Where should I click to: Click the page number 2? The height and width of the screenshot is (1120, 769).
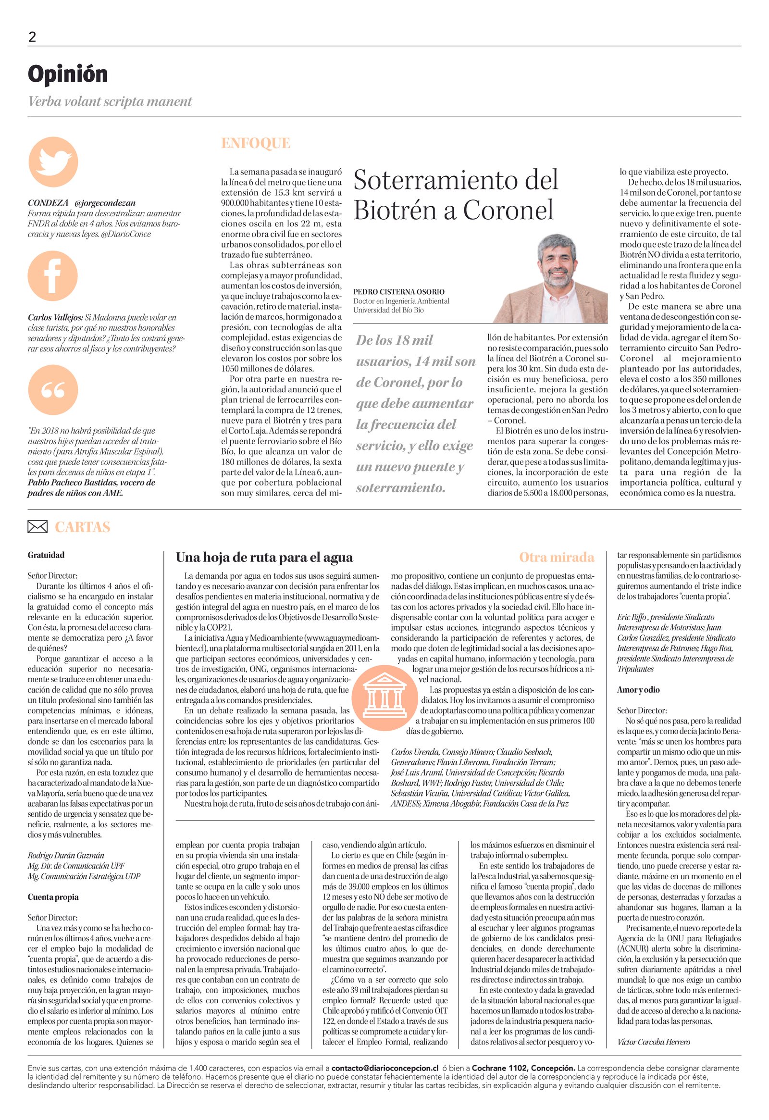[32, 37]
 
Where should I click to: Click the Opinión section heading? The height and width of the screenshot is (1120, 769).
[67, 75]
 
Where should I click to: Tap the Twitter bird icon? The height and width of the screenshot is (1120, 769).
[53, 162]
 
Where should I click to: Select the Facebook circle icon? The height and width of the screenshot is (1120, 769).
[52, 275]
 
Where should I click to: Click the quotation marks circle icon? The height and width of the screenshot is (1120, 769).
[52, 390]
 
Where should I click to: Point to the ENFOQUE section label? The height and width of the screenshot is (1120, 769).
[255, 143]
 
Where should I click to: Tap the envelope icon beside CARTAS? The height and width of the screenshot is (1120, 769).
[37, 527]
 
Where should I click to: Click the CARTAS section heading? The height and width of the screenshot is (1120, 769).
[82, 527]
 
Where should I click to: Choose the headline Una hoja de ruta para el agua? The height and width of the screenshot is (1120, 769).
[264, 558]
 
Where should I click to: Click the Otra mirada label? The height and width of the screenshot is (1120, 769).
[556, 558]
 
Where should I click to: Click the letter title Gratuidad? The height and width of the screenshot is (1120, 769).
[46, 555]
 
